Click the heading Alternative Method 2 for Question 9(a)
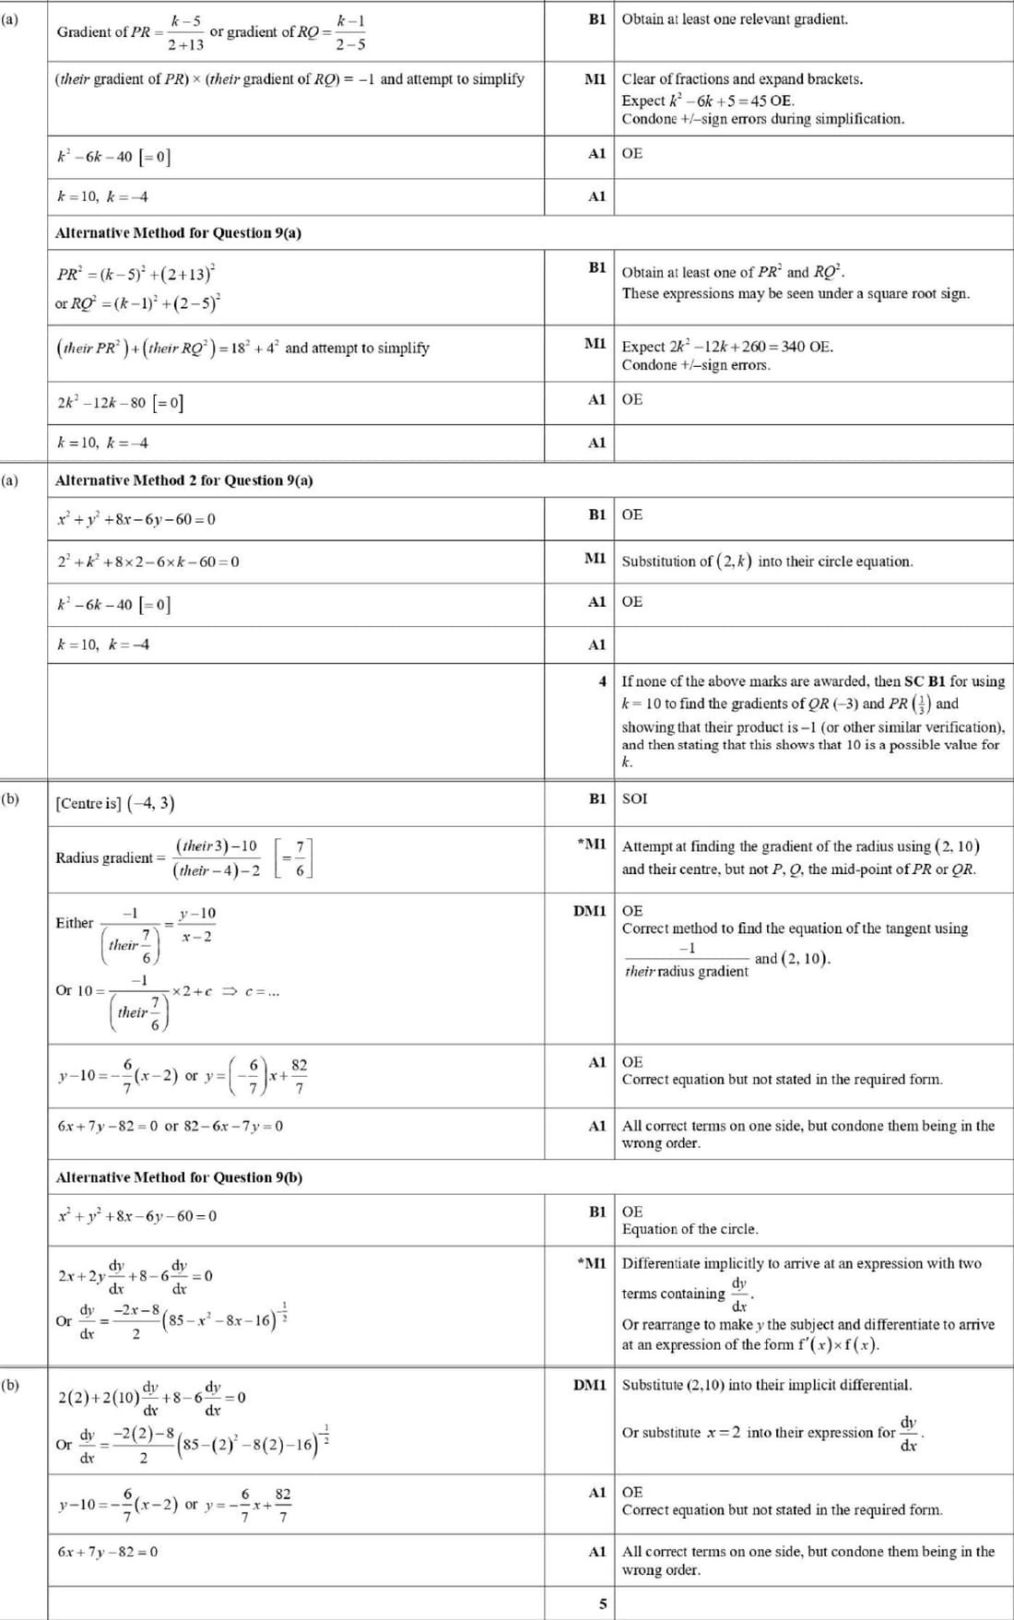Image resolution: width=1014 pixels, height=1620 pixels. click(x=183, y=480)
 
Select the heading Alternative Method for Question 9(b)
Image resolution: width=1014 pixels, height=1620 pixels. click(x=179, y=1177)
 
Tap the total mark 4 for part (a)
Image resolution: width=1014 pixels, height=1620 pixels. click(x=602, y=681)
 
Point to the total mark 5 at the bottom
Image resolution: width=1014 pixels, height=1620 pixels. click(x=603, y=1603)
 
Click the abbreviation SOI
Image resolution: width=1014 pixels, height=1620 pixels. click(x=634, y=798)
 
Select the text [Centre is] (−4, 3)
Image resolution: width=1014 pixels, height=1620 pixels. click(x=115, y=803)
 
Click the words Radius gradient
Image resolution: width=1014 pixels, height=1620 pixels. click(x=103, y=857)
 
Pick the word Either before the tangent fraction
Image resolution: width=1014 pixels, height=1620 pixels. click(x=75, y=923)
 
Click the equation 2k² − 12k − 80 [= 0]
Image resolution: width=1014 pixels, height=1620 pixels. click(x=120, y=403)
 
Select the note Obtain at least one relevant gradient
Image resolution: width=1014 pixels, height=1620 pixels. click(x=735, y=19)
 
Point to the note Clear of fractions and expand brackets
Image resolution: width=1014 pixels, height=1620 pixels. click(x=742, y=79)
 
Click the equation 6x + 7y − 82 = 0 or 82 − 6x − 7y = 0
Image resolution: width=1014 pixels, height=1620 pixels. click(x=171, y=1126)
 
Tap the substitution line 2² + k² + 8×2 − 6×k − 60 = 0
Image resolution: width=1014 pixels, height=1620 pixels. click(x=148, y=562)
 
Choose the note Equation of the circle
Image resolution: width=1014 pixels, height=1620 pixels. click(x=690, y=1229)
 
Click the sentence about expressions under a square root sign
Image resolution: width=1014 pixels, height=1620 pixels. click(x=796, y=293)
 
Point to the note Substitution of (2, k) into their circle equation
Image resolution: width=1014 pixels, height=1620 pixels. click(x=767, y=561)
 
